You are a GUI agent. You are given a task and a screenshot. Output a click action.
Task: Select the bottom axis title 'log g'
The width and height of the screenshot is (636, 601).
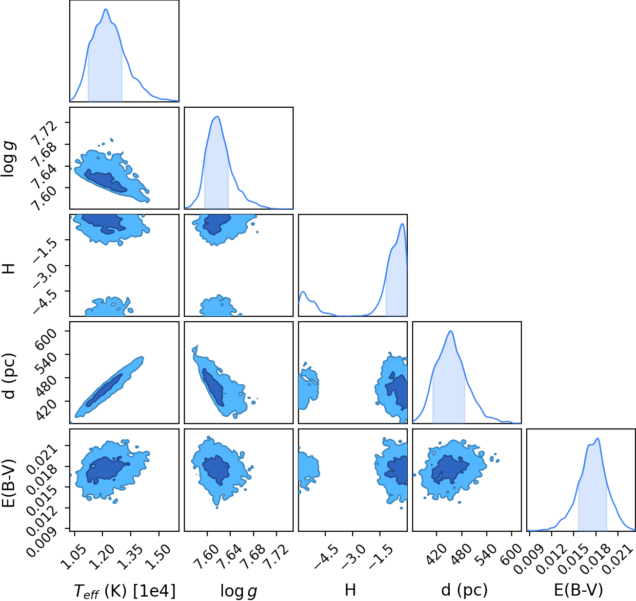coord(238,591)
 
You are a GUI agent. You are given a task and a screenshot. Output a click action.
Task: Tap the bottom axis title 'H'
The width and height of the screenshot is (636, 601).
coord(350,590)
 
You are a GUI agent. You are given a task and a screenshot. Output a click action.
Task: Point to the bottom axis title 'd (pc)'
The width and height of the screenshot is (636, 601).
coord(464,590)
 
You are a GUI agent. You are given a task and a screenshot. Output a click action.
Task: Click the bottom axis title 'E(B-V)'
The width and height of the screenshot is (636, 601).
coord(578,590)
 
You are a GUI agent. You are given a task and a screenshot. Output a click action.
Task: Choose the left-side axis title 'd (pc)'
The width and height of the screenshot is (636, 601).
coord(9,376)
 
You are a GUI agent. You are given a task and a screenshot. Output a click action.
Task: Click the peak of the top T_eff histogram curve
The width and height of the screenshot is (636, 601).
coord(106,9)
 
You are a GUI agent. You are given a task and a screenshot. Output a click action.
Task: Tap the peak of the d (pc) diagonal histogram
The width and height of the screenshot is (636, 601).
coord(451,331)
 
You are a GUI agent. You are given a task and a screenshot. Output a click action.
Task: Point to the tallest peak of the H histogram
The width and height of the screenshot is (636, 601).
coord(402,224)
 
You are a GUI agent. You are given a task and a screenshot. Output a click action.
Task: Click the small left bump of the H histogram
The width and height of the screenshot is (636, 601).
coord(303,291)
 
